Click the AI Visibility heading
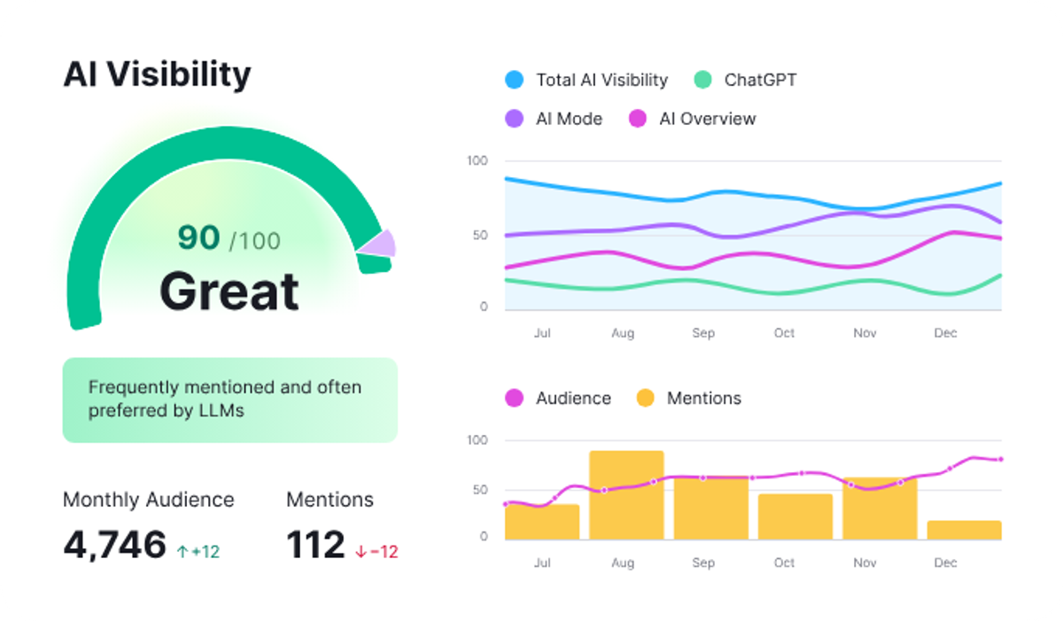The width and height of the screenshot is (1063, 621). (157, 74)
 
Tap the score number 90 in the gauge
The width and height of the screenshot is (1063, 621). (198, 237)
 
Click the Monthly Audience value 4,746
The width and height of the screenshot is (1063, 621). (114, 545)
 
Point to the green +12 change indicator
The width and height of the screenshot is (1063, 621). (198, 551)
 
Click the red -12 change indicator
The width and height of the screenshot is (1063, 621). (376, 551)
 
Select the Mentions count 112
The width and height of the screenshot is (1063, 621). (314, 545)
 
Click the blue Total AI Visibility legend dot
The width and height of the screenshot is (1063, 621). (515, 80)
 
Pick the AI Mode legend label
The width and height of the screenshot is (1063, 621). (569, 119)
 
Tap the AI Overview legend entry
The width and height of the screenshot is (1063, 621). (707, 119)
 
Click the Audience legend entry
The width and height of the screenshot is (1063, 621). (572, 398)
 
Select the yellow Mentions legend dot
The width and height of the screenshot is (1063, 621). (646, 398)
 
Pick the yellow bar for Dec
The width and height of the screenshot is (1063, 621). (964, 530)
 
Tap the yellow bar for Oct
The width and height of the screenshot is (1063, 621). (795, 516)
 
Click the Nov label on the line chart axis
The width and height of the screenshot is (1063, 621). (864, 333)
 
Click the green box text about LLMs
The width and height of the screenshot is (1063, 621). (225, 399)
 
